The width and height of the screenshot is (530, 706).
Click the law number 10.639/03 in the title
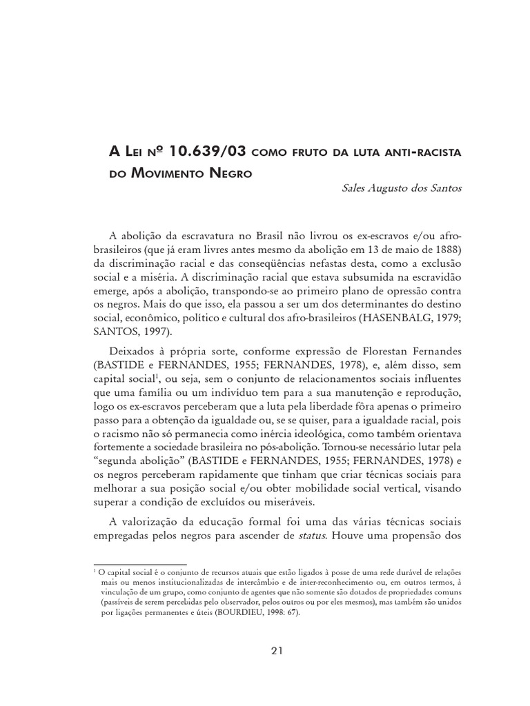click(183, 152)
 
